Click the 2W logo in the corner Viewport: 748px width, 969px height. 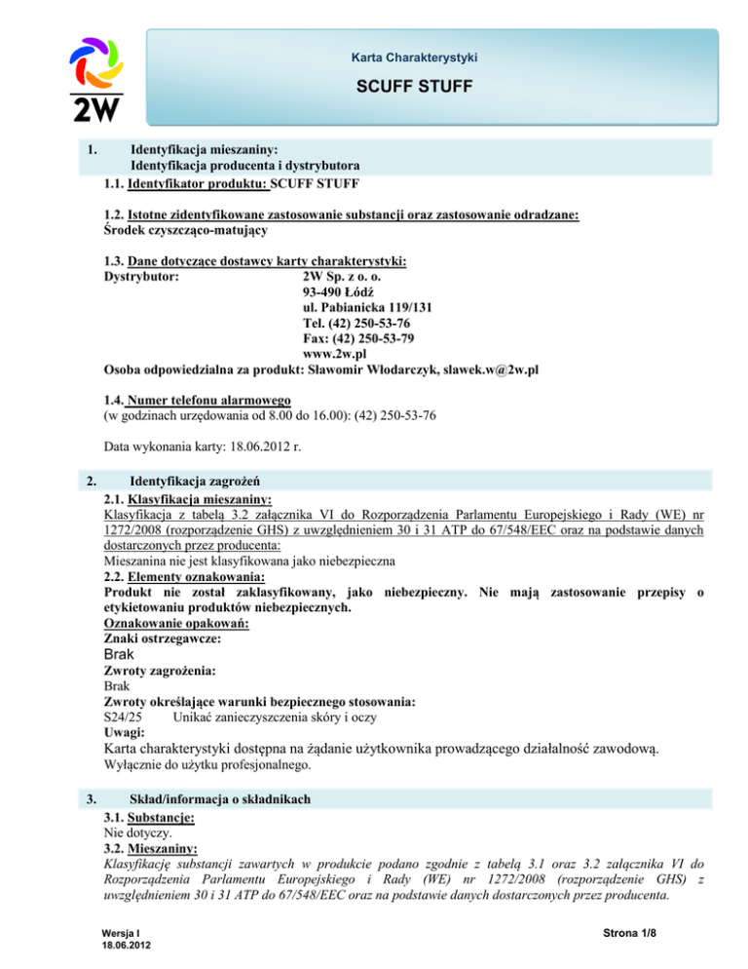(96, 79)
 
